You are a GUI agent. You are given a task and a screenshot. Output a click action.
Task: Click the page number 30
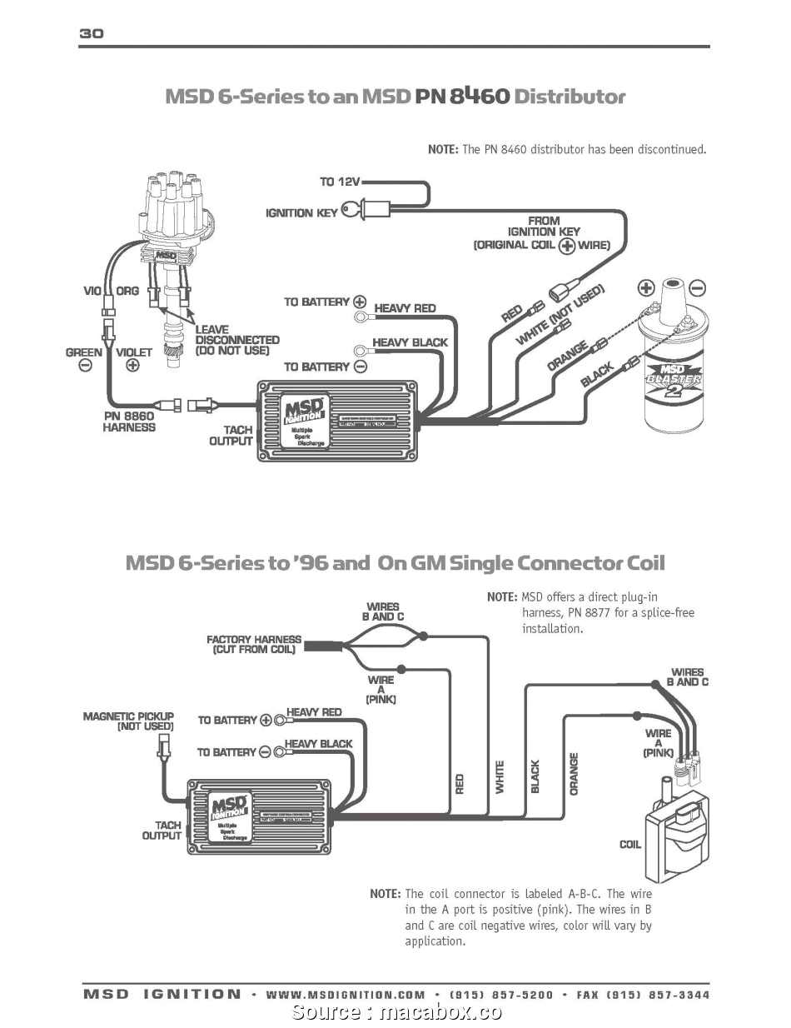pos(91,33)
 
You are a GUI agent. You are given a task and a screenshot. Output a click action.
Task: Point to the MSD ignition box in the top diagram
pos(337,420)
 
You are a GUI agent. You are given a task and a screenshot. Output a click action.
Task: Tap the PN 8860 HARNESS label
pos(129,421)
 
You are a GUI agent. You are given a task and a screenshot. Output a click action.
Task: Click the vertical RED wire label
pos(460,783)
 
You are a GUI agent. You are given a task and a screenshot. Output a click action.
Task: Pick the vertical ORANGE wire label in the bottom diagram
pos(574,773)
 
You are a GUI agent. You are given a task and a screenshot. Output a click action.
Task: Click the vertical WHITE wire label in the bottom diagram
pos(500,776)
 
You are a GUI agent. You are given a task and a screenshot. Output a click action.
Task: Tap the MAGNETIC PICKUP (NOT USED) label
pos(128,721)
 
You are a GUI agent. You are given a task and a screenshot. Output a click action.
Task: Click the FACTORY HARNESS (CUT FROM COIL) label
pos(254,644)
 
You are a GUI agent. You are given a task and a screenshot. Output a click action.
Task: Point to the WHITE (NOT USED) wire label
pos(560,314)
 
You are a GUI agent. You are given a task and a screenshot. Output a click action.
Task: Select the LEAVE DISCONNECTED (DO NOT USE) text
pos(236,340)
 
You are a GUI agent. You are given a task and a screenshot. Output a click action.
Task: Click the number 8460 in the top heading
pos(479,96)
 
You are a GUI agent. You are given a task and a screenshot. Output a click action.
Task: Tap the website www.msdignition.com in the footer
pos(346,995)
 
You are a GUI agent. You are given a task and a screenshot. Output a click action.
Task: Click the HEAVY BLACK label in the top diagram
pos(410,342)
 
